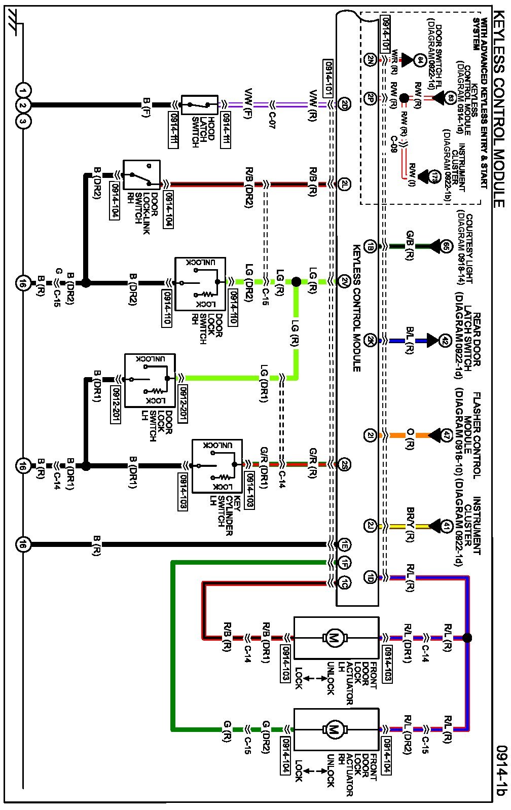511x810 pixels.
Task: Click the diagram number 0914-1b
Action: click(x=502, y=770)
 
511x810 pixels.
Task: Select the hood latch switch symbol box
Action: click(x=200, y=105)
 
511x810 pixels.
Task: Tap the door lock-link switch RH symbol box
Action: click(x=135, y=175)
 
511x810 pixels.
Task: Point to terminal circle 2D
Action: click(x=345, y=105)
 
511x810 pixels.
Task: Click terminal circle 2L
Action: click(x=345, y=185)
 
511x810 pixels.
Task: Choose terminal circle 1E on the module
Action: click(x=345, y=545)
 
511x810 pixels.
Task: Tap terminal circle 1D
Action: click(x=371, y=576)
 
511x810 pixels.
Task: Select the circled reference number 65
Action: click(x=446, y=246)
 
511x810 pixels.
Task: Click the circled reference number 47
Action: click(x=446, y=435)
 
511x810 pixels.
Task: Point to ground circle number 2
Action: click(x=23, y=106)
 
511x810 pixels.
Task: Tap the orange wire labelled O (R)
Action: click(x=396, y=435)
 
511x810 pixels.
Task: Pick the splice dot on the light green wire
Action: click(x=296, y=281)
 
